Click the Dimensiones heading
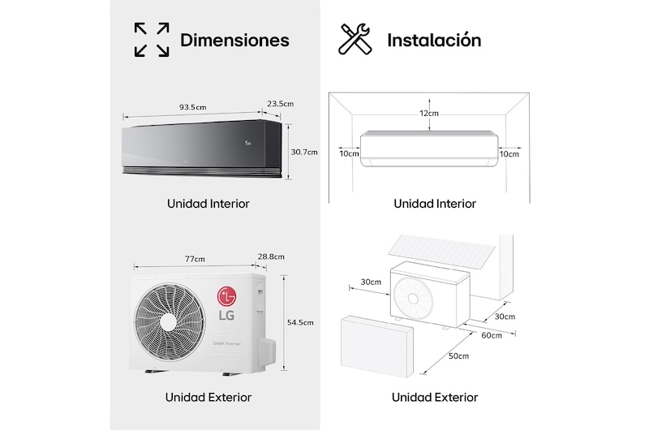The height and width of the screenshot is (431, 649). pos(234,40)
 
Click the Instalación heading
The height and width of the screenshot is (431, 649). pos(434,40)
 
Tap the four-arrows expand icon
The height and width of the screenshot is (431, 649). pos(152,40)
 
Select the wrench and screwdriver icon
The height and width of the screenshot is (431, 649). pos(355,39)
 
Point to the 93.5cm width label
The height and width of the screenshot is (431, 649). pos(193,107)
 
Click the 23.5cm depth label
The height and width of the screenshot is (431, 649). pos(280,104)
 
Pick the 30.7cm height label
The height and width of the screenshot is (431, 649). pos(304,152)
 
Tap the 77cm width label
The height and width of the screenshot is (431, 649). pos(195,259)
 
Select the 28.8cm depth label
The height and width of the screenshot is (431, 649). pos(271,256)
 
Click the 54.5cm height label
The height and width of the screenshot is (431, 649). pos(300,322)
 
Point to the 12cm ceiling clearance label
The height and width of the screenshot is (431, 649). pos(429,114)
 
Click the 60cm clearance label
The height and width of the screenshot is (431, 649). pos(492,335)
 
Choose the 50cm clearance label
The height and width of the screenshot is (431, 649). pos(459,356)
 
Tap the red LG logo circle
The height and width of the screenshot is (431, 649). pos(226,296)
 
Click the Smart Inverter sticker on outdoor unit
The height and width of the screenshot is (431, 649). pos(227,343)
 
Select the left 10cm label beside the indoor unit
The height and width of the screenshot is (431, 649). pos(350,154)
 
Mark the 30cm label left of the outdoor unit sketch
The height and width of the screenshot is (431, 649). pos(371,282)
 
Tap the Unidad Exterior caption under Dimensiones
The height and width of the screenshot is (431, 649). pos(208,398)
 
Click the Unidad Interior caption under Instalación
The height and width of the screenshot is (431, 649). pos(435,204)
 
